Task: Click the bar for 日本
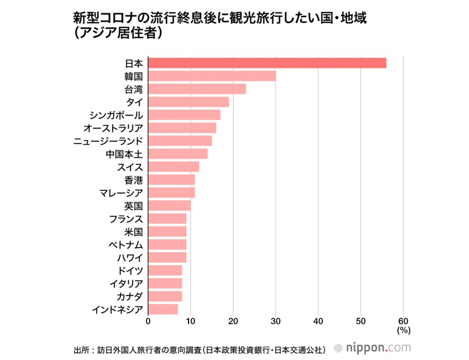click(267, 63)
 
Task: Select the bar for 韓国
click(212, 76)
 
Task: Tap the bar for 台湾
click(197, 89)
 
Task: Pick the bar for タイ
click(189, 102)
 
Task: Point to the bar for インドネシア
click(163, 309)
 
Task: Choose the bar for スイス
click(174, 167)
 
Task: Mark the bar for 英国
click(169, 205)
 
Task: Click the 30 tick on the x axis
click(276, 321)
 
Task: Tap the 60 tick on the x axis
click(403, 321)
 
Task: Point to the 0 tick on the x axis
click(149, 321)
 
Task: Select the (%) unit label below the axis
click(403, 330)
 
